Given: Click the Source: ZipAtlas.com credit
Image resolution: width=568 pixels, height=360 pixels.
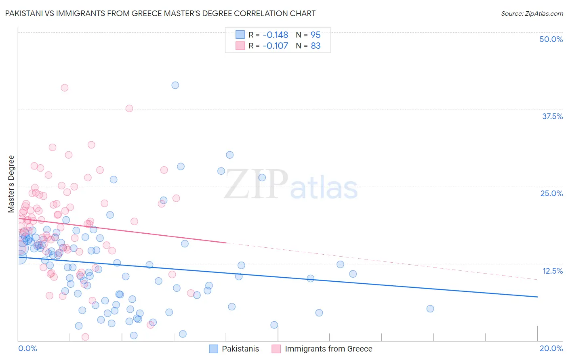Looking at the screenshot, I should [x=532, y=13].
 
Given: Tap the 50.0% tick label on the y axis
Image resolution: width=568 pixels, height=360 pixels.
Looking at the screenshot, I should [x=551, y=39].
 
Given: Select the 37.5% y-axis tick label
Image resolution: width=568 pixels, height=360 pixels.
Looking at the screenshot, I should [x=552, y=116].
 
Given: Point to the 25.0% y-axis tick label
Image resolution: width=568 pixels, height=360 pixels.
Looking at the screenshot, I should [x=551, y=193].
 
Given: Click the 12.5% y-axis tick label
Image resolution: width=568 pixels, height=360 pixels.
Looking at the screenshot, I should [x=552, y=271].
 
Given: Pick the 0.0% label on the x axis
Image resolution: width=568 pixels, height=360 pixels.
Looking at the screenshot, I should [x=27, y=348].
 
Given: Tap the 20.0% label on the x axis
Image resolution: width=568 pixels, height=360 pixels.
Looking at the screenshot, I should [x=551, y=348].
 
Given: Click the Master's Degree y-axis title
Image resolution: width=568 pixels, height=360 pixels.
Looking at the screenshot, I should [x=11, y=184].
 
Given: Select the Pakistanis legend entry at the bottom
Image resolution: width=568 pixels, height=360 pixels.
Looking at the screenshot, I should [x=240, y=349].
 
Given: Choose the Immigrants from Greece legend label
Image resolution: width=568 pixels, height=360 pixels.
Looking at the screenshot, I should [x=328, y=349].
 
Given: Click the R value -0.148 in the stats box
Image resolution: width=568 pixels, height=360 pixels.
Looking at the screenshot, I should [x=275, y=35].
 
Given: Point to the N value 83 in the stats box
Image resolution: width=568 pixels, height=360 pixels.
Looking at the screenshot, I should [x=316, y=46].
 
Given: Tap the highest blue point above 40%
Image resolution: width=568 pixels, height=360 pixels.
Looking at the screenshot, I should [x=175, y=85].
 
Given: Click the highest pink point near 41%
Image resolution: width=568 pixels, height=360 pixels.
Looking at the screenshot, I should [x=64, y=88].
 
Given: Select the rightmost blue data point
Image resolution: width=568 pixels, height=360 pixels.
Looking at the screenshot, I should [x=430, y=309].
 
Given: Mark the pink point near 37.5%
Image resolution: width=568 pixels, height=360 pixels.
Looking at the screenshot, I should [x=129, y=108].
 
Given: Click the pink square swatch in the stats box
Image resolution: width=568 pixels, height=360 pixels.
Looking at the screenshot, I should [x=240, y=46].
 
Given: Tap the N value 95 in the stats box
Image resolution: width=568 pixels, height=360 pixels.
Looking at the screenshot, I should [x=316, y=35].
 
